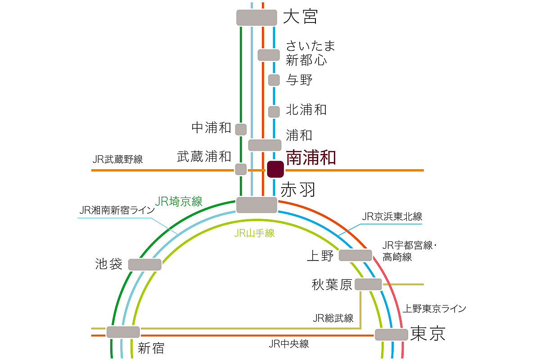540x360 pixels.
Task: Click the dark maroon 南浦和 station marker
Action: (x=275, y=169)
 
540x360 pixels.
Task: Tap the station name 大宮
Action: (x=301, y=17)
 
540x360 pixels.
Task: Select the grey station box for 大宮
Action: (x=256, y=18)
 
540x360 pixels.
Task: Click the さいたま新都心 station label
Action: (x=310, y=52)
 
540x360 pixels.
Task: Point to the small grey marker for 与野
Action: (x=274, y=80)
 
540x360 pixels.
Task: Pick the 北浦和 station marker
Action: (x=274, y=111)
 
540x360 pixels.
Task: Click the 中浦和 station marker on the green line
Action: (x=241, y=129)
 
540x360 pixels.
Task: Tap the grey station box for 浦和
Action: (x=265, y=145)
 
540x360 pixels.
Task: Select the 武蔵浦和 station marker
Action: (x=241, y=169)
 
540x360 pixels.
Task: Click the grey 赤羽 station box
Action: (x=256, y=205)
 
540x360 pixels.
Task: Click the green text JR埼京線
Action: (x=179, y=202)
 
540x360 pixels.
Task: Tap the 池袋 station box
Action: (x=145, y=265)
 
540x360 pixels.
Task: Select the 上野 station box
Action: (x=355, y=255)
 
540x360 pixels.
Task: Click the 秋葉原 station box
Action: (x=368, y=284)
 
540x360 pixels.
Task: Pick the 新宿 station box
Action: (x=123, y=332)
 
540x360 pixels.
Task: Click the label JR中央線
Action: (x=288, y=344)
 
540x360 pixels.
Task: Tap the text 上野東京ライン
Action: (x=434, y=309)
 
